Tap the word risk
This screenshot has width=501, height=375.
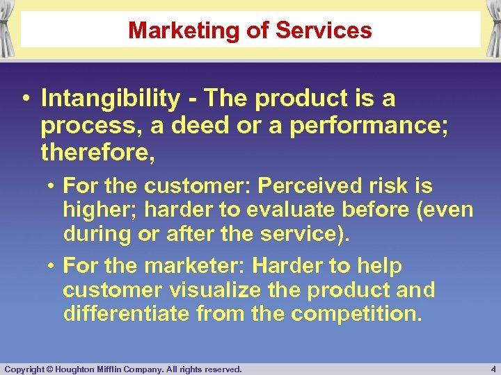coord(392,186)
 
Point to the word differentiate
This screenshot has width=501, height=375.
coord(126,313)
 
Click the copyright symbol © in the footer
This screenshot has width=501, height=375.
coord(49,369)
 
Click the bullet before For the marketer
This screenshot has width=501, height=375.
coord(52,266)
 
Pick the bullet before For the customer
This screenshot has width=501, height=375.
coord(52,186)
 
